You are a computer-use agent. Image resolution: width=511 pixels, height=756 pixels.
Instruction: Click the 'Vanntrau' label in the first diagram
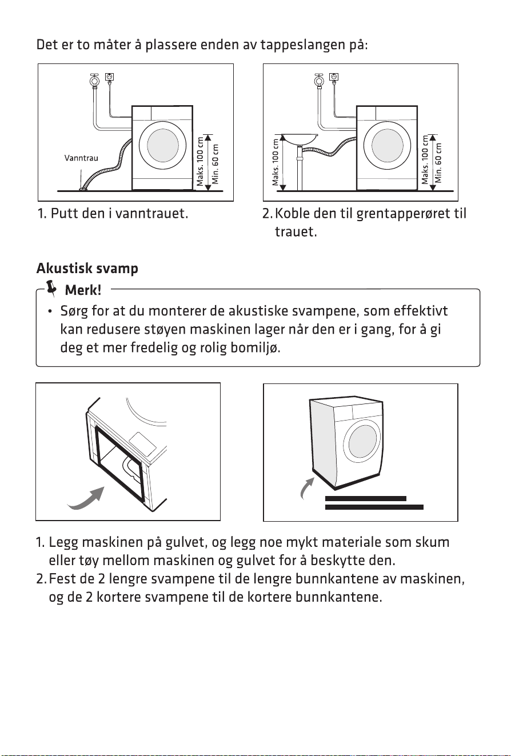point(81,158)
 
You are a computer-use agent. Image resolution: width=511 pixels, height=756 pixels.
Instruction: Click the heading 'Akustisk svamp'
point(87,269)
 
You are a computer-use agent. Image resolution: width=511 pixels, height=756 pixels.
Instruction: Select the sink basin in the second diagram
point(299,138)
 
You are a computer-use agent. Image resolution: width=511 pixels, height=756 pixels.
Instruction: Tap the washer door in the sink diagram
point(387,146)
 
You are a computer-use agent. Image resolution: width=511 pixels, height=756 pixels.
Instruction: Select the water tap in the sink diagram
point(318,80)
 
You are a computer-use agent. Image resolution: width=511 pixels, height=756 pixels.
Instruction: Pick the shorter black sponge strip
point(365,498)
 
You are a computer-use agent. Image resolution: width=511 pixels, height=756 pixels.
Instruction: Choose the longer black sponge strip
point(374,507)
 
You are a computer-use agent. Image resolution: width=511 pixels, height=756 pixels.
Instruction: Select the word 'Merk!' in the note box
point(83,290)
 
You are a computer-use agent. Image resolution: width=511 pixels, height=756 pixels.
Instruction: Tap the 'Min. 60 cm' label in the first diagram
point(215,164)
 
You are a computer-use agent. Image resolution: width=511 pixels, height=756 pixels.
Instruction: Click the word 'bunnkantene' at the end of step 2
point(338,597)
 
